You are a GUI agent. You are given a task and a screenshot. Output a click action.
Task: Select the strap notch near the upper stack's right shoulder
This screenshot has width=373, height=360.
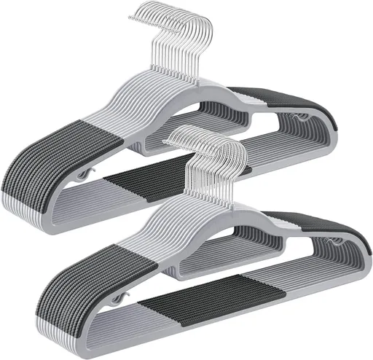point(301,117)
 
